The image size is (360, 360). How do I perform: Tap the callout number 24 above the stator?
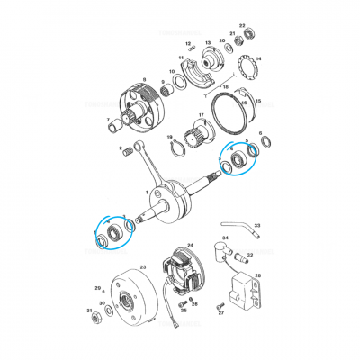[x=190, y=244]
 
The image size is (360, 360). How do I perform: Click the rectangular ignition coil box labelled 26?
[x=245, y=288]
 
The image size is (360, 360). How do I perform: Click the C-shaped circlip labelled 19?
[x=176, y=149]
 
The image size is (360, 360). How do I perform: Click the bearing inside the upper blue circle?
[x=238, y=161]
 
